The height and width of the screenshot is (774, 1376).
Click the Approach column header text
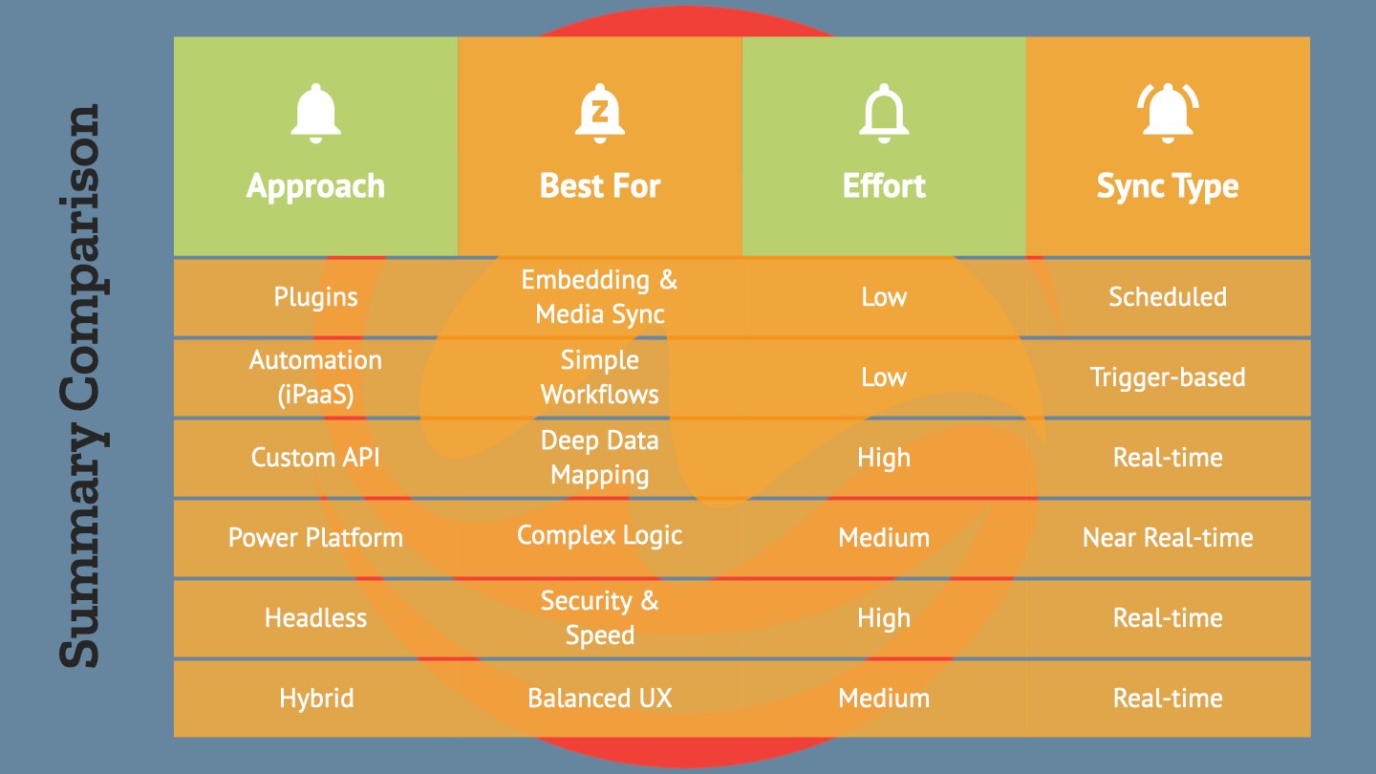[x=315, y=186]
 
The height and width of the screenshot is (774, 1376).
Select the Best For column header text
[x=599, y=185]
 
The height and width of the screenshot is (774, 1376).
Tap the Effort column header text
[x=883, y=185]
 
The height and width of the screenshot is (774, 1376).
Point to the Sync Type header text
[x=1167, y=187]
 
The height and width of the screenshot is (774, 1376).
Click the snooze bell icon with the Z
[x=599, y=113]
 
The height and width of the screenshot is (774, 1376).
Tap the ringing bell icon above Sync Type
[x=1168, y=113]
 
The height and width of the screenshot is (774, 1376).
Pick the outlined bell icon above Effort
[x=883, y=113]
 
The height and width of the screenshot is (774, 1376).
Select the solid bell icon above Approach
[x=315, y=113]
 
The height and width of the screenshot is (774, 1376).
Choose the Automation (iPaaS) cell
[x=315, y=377]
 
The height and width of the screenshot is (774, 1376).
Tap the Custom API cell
[x=315, y=458]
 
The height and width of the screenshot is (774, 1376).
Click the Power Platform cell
[x=315, y=537]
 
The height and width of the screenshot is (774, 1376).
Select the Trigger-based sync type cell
[x=1167, y=377]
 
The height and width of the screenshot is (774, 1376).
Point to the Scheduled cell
[x=1167, y=296]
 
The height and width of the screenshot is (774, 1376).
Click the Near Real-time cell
[x=1167, y=537]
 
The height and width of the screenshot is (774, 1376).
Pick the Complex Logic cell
[x=599, y=536]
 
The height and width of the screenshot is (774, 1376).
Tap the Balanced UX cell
[x=599, y=699]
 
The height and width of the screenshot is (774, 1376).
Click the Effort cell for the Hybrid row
[x=883, y=699]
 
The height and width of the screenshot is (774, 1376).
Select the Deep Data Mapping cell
[x=599, y=458]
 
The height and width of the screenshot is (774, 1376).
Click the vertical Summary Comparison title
[x=80, y=386]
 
